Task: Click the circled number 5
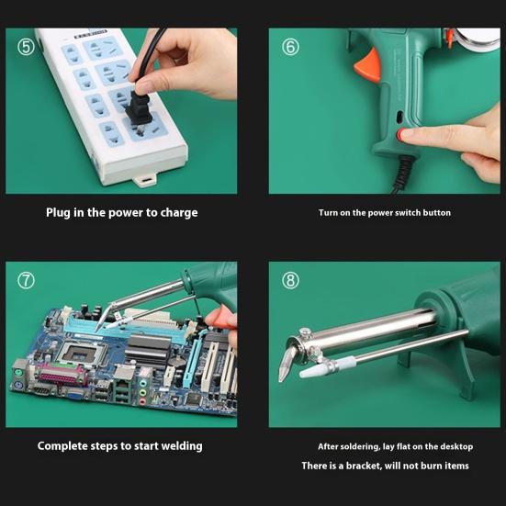point(26,47)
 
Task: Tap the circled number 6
point(290,47)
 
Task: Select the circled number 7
point(26,281)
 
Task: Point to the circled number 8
point(290,281)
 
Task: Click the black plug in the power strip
point(139,109)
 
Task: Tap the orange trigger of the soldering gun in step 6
point(368,65)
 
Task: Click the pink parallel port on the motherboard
point(62,375)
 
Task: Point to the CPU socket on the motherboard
point(80,354)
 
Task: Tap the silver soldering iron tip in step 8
point(287,364)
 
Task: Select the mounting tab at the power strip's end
point(145,180)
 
